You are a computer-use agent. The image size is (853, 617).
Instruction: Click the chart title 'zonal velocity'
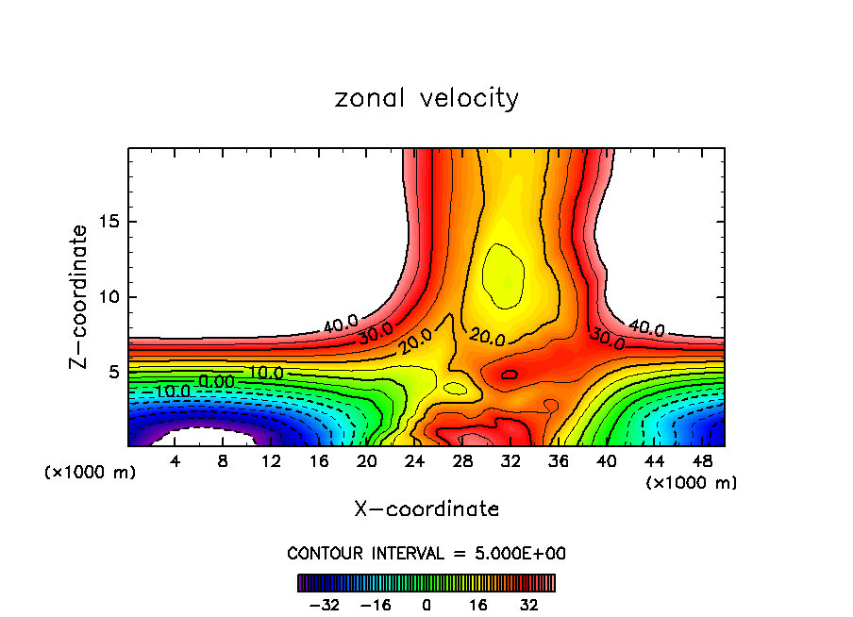426,98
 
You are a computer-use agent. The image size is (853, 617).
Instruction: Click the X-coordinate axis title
426,509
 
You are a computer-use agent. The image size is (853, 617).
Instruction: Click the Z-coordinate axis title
79,296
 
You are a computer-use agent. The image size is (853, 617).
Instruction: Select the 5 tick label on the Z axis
114,372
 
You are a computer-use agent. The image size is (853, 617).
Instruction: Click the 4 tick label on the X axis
175,461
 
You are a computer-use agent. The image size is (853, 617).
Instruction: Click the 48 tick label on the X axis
701,461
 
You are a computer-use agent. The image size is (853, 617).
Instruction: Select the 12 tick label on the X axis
271,461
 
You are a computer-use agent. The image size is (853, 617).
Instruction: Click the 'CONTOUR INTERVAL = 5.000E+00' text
426,553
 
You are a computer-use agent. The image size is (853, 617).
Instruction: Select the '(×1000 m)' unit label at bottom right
692,483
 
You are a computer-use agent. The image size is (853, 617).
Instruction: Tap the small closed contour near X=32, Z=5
510,375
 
